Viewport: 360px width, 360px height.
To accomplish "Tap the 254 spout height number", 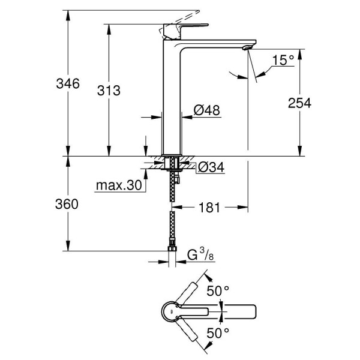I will coord(299,103).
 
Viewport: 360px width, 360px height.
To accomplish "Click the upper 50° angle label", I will coord(218,291).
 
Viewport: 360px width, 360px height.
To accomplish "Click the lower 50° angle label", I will coord(218,332).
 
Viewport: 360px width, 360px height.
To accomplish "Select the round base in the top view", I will coord(172,312).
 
